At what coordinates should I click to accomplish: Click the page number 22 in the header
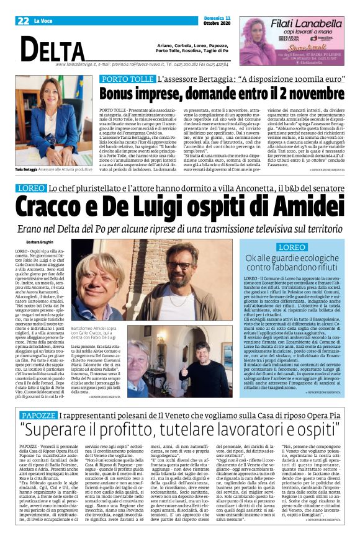pos(23,20)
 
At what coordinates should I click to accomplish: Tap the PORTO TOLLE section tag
pos(126,80)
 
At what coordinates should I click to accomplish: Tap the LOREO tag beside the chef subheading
pos(30,188)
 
